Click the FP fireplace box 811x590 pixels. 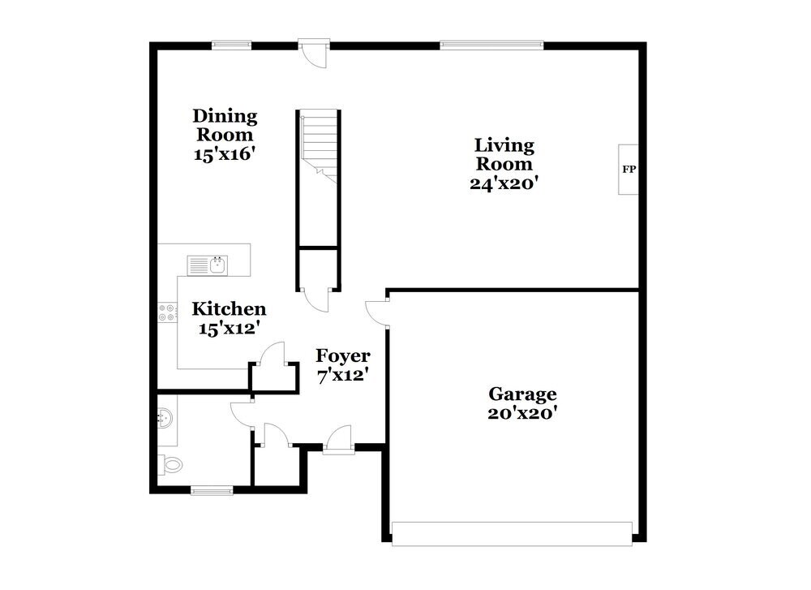[x=629, y=170]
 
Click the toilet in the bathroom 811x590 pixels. [x=172, y=465]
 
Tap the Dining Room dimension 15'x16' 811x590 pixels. [x=225, y=153]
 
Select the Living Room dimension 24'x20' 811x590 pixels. [x=504, y=183]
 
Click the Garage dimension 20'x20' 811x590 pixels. [x=521, y=413]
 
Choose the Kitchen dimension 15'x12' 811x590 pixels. [x=229, y=328]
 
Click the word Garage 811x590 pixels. [x=522, y=394]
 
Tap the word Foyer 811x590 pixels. [x=343, y=355]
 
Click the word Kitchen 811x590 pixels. [x=229, y=309]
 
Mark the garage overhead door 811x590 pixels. [x=512, y=532]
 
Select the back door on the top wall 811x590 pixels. [x=312, y=50]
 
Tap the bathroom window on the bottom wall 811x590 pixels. [x=211, y=489]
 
